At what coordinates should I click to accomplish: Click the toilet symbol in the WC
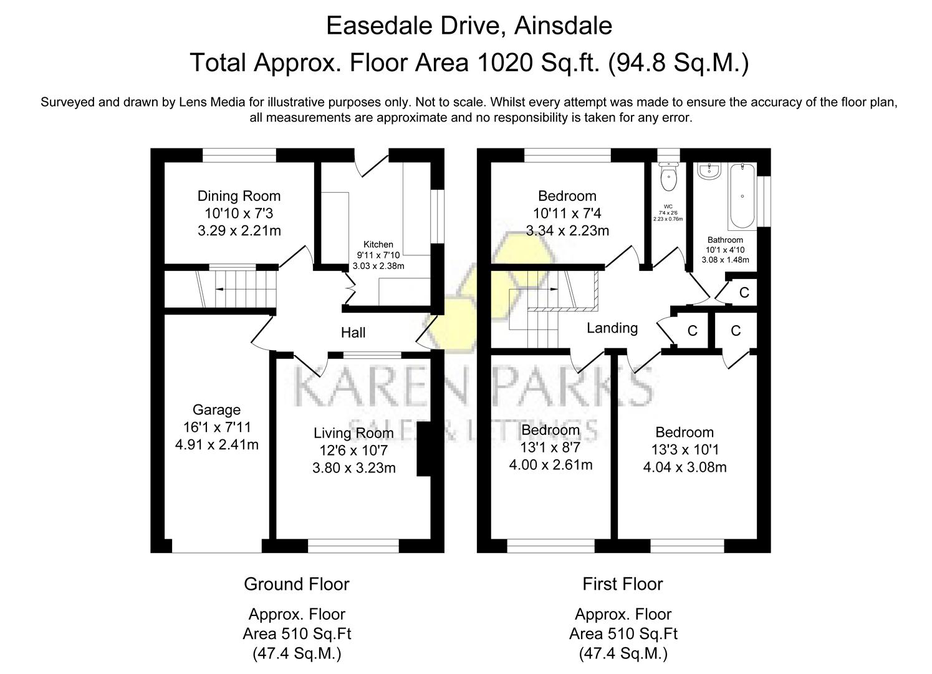[668, 178]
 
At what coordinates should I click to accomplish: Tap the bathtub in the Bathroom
[742, 195]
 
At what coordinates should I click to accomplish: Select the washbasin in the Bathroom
[709, 171]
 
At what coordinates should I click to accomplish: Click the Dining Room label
[239, 196]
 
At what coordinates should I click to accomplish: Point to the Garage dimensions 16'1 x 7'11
[216, 427]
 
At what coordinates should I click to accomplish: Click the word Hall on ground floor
[353, 333]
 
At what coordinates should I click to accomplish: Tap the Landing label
[612, 328]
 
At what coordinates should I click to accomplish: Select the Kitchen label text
[378, 245]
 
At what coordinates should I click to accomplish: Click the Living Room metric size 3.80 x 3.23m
[353, 468]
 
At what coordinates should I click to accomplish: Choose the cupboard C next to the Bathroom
[744, 292]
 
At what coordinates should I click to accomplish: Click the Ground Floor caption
[296, 584]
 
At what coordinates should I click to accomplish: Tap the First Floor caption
[622, 584]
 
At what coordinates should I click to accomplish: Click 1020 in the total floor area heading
[503, 63]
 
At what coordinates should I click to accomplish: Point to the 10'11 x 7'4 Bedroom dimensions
[567, 213]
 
